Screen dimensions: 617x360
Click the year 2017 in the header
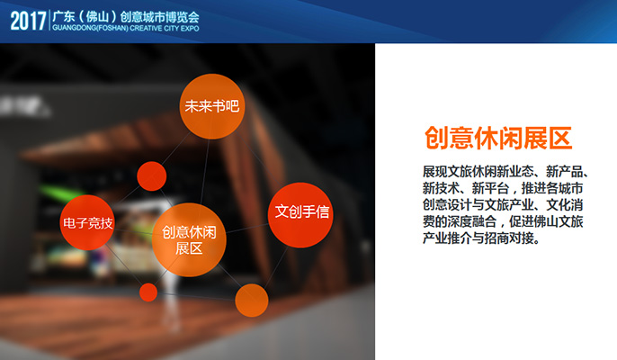click(x=29, y=21)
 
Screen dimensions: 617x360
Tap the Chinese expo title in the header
click(x=126, y=17)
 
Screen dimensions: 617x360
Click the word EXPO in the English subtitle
click(x=190, y=29)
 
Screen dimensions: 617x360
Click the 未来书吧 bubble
click(x=212, y=106)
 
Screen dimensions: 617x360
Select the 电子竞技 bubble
click(x=87, y=222)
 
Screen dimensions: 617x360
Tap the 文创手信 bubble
click(x=300, y=215)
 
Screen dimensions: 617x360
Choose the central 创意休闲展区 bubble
click(x=189, y=239)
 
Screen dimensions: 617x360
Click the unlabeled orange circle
click(x=252, y=300)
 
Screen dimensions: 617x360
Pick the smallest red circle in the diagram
click(x=148, y=292)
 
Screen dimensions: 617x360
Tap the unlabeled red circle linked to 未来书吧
click(x=151, y=176)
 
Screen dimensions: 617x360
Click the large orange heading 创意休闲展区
click(x=498, y=139)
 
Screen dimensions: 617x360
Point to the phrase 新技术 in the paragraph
click(x=441, y=188)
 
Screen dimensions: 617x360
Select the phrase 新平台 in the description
click(x=491, y=188)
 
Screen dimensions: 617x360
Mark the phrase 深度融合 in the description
click(x=472, y=221)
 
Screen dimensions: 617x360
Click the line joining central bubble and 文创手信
click(x=247, y=229)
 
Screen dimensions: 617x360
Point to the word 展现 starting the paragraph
click(x=434, y=172)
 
